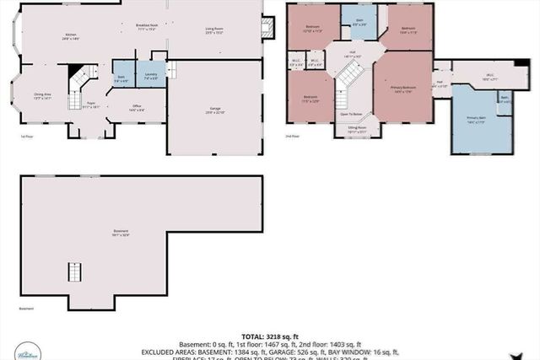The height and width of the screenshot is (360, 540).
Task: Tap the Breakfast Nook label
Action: pos(147,28)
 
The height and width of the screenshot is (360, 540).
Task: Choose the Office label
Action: pos(136,107)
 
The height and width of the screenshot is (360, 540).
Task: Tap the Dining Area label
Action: pos(42,97)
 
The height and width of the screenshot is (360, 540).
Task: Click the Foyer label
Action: pos(91,106)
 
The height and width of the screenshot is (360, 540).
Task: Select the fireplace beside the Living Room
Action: pos(268,27)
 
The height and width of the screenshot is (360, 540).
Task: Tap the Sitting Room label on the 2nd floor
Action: pos(356,131)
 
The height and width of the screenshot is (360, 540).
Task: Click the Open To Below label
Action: pos(351,114)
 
